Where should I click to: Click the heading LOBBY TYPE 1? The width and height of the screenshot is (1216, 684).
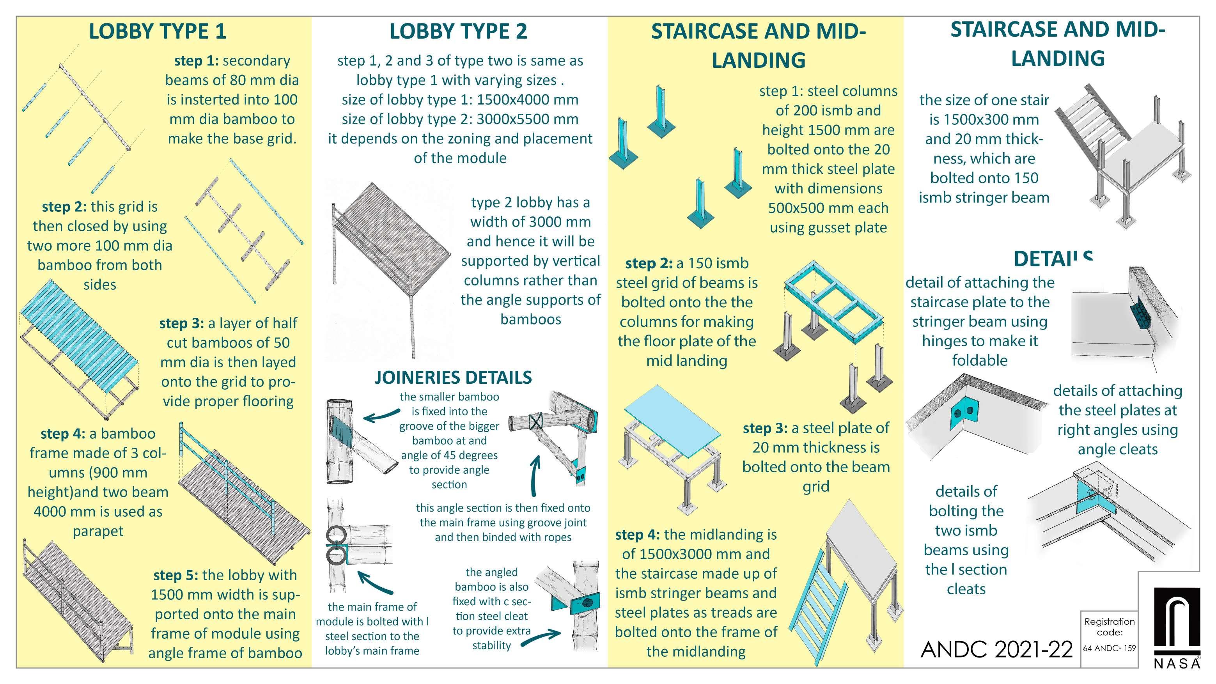click(157, 31)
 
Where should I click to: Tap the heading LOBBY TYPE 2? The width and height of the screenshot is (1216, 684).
click(458, 31)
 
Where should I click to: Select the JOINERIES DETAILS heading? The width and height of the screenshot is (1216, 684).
click(453, 377)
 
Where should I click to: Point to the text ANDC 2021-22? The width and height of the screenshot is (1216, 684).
click(996, 650)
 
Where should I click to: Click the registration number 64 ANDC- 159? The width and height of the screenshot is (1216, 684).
click(1109, 648)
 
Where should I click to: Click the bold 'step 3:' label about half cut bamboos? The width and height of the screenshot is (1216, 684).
click(181, 323)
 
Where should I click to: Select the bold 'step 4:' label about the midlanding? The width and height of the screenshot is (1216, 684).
click(637, 535)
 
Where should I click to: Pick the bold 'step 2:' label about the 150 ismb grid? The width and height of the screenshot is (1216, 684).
click(649, 263)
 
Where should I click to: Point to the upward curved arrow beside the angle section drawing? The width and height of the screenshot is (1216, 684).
click(534, 475)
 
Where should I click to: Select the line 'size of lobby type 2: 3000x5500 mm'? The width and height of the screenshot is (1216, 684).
click(460, 119)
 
